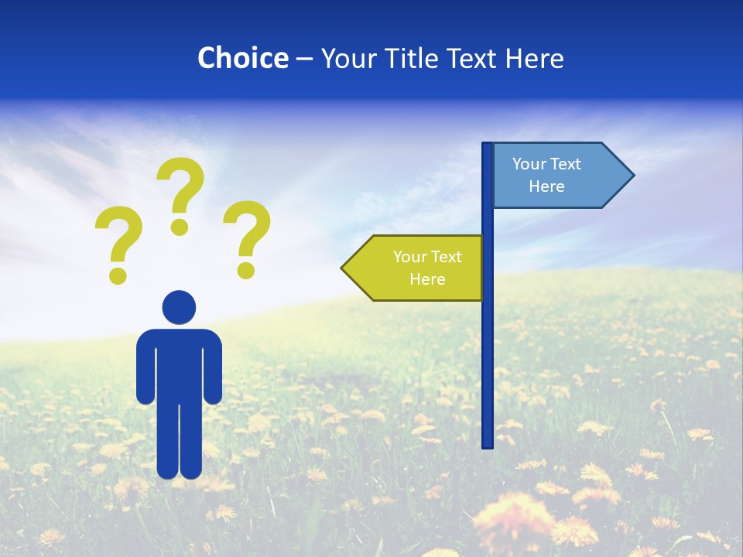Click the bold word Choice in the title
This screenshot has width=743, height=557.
(x=242, y=58)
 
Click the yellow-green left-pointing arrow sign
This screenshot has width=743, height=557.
(x=415, y=268)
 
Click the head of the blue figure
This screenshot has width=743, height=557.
(x=179, y=306)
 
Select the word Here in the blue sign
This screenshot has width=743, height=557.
(x=546, y=186)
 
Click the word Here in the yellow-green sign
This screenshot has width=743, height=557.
(x=427, y=279)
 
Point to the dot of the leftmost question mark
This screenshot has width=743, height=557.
(x=118, y=275)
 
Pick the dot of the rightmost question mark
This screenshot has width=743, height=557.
(x=246, y=270)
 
